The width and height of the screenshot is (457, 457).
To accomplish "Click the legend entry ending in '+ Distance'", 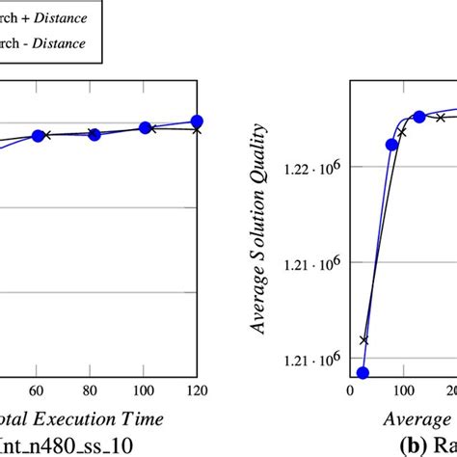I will (48, 16).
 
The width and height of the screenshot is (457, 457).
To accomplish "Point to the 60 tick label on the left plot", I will (37, 390).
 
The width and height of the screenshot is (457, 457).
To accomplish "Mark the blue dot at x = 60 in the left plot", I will (38, 136).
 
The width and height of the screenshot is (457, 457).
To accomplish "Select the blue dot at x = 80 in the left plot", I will (94, 135).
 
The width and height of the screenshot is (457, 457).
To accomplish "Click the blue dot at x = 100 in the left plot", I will (146, 127).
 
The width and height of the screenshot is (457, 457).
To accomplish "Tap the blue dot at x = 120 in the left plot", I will (197, 121).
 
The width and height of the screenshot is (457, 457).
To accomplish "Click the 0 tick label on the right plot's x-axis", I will (349, 390).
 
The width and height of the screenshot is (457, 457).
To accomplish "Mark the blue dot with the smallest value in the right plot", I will (363, 372).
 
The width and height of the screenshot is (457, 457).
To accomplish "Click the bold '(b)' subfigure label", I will (414, 445).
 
